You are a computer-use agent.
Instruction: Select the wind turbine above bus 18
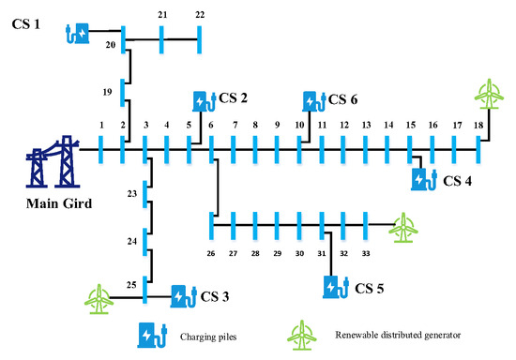coord(487,95)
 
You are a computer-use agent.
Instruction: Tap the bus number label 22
coord(200,15)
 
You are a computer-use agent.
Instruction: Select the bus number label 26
coord(212,253)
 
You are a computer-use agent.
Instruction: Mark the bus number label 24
coord(131,240)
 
